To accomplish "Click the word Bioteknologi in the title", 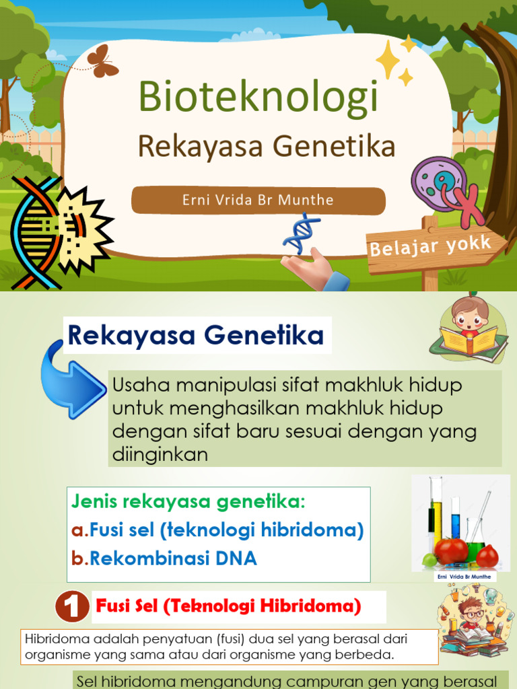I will tap(258, 96).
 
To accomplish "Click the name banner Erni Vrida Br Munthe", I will tap(258, 201).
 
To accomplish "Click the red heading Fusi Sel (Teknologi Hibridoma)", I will tap(229, 606).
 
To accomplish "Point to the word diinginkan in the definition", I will tap(160, 456).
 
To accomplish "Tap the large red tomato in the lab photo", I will tap(451, 550).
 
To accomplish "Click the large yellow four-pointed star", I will tap(388, 59).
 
